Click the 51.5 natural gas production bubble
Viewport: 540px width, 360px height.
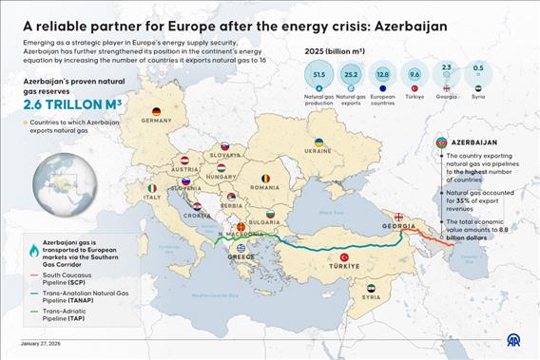(318, 75)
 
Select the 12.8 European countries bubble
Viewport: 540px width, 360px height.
(382, 75)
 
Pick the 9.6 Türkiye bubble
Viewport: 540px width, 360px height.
(415, 74)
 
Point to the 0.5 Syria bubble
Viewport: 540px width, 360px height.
(477, 69)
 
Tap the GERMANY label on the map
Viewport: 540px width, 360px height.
(156, 122)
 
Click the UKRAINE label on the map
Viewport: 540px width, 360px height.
(318, 150)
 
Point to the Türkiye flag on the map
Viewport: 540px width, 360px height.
(343, 257)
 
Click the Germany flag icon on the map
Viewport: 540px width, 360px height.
(157, 111)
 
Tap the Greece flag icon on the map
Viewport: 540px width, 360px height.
(241, 248)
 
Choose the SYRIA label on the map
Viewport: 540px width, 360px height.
(371, 297)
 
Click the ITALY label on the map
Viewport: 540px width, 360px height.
(152, 198)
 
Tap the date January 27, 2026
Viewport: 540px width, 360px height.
(42, 344)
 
